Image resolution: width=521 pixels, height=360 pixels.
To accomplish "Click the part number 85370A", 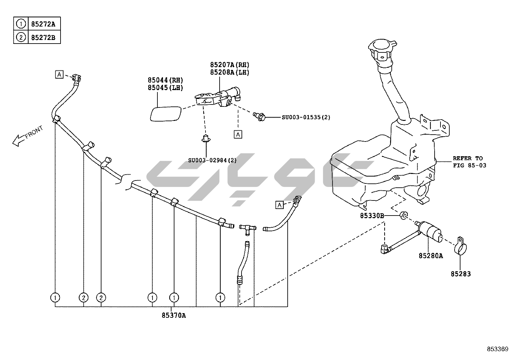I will point(173,315).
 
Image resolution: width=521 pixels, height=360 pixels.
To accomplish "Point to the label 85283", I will point(460,274).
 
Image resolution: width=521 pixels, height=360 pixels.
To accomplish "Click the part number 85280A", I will point(431,256).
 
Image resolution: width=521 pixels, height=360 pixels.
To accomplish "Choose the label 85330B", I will point(372,216).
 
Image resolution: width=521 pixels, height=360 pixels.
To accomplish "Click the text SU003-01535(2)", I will point(306,117).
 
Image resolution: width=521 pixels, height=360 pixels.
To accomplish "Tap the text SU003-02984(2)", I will point(212,160).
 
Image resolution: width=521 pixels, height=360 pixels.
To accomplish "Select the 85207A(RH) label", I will point(229,65).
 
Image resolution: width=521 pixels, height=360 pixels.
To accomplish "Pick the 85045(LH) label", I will point(165,88).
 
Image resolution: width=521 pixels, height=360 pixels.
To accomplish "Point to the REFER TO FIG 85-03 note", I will point(469,162).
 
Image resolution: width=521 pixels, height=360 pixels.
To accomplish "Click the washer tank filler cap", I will point(382,48).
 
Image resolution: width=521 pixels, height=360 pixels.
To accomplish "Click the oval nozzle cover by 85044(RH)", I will point(165,114).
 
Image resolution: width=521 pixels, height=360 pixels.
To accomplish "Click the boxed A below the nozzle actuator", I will point(238,134).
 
